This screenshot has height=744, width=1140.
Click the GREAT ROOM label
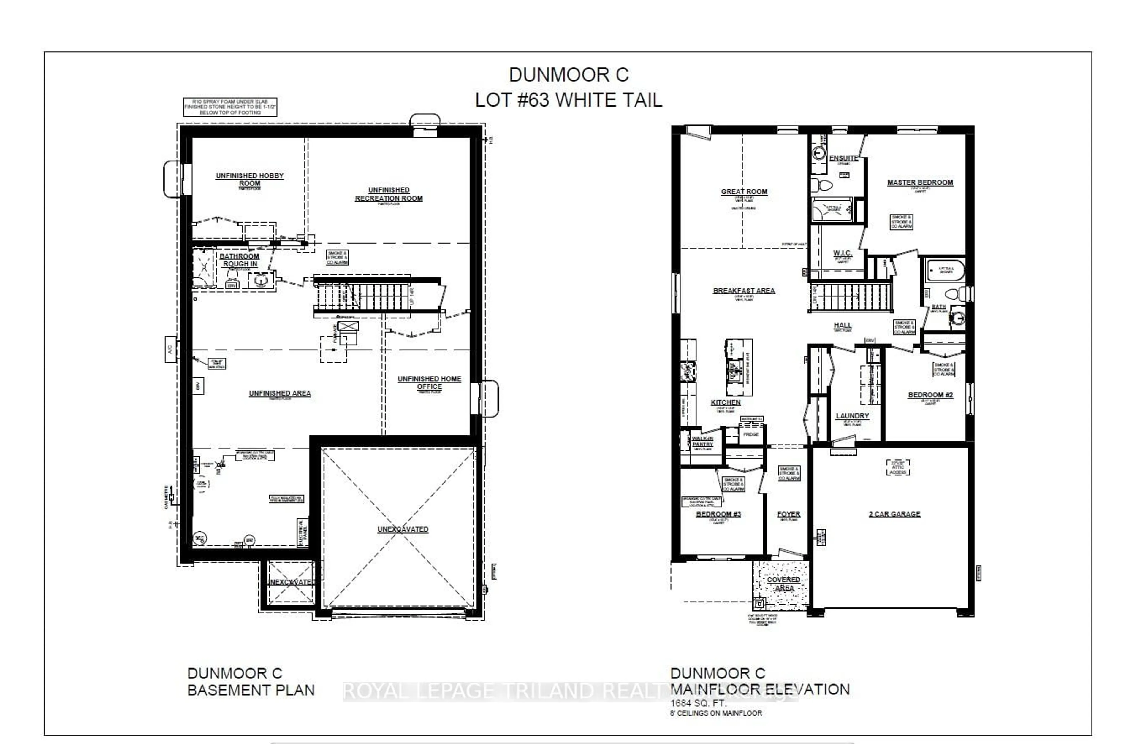pyautogui.click(x=744, y=191)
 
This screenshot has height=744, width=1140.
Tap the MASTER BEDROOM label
pyautogui.click(x=920, y=183)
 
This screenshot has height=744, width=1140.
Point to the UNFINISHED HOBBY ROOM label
pyautogui.click(x=250, y=179)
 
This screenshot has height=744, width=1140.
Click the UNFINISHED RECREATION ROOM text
pyautogui.click(x=389, y=194)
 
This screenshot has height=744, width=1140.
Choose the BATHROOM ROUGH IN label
pyautogui.click(x=240, y=260)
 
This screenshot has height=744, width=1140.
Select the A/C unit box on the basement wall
pyautogui.click(x=170, y=350)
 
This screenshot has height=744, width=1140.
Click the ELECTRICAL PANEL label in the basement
pyautogui.click(x=302, y=532)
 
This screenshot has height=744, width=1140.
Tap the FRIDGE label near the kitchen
pyautogui.click(x=750, y=434)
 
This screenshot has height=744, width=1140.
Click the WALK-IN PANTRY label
pyautogui.click(x=702, y=441)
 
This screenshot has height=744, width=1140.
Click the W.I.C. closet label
pyautogui.click(x=842, y=253)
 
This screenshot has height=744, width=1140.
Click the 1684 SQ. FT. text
pyautogui.click(x=698, y=703)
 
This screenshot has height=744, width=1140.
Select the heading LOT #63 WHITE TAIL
pyautogui.click(x=569, y=100)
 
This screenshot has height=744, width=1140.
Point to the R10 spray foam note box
pyautogui.click(x=230, y=107)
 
